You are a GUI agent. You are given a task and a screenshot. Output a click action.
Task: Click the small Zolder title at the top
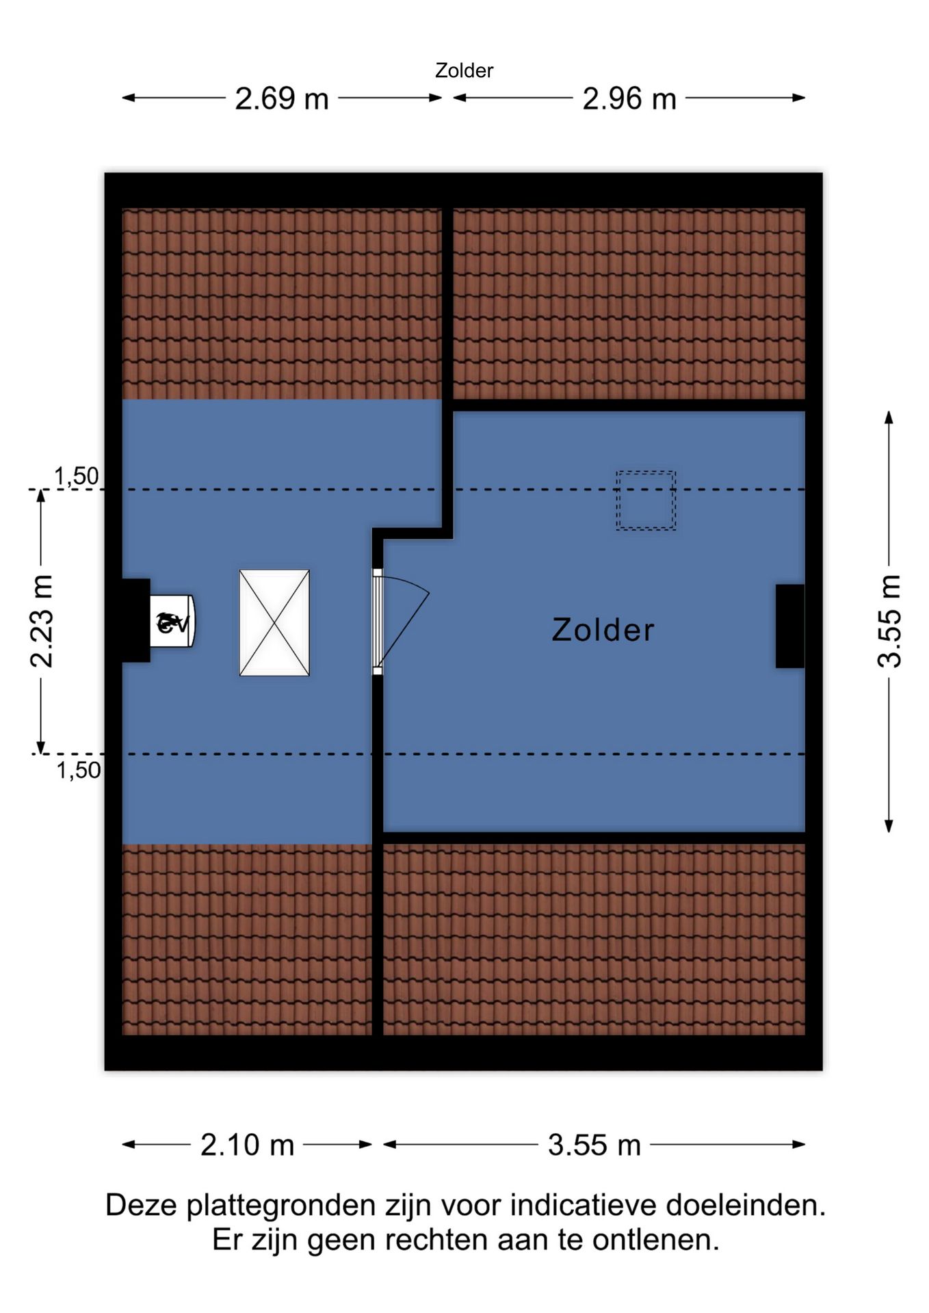pyautogui.click(x=464, y=70)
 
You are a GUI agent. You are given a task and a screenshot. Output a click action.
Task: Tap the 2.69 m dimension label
pyautogui.click(x=282, y=98)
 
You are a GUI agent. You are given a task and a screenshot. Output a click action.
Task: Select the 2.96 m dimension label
pyautogui.click(x=629, y=98)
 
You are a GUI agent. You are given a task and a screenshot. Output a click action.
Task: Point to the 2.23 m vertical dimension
pyautogui.click(x=42, y=621)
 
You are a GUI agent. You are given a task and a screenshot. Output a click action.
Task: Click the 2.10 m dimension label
pyautogui.click(x=247, y=1145)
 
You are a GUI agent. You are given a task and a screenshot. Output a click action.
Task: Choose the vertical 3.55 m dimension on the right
pyautogui.click(x=889, y=621)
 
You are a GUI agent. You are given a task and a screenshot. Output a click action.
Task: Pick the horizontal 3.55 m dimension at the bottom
pyautogui.click(x=594, y=1145)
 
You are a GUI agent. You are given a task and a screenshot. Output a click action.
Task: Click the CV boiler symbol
pyautogui.click(x=172, y=622)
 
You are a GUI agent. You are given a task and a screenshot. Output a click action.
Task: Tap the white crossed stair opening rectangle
pyautogui.click(x=274, y=622)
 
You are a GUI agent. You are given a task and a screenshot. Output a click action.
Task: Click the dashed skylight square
pyautogui.click(x=645, y=500)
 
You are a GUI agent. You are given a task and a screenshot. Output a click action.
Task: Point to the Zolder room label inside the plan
pyautogui.click(x=603, y=630)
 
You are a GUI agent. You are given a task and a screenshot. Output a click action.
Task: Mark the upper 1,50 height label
pyautogui.click(x=77, y=476)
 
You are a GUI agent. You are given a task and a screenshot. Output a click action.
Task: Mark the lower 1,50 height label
pyautogui.click(x=79, y=770)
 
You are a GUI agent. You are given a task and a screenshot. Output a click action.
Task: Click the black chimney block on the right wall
pyautogui.click(x=790, y=626)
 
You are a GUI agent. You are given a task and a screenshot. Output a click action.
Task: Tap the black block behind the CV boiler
pyautogui.click(x=136, y=620)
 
